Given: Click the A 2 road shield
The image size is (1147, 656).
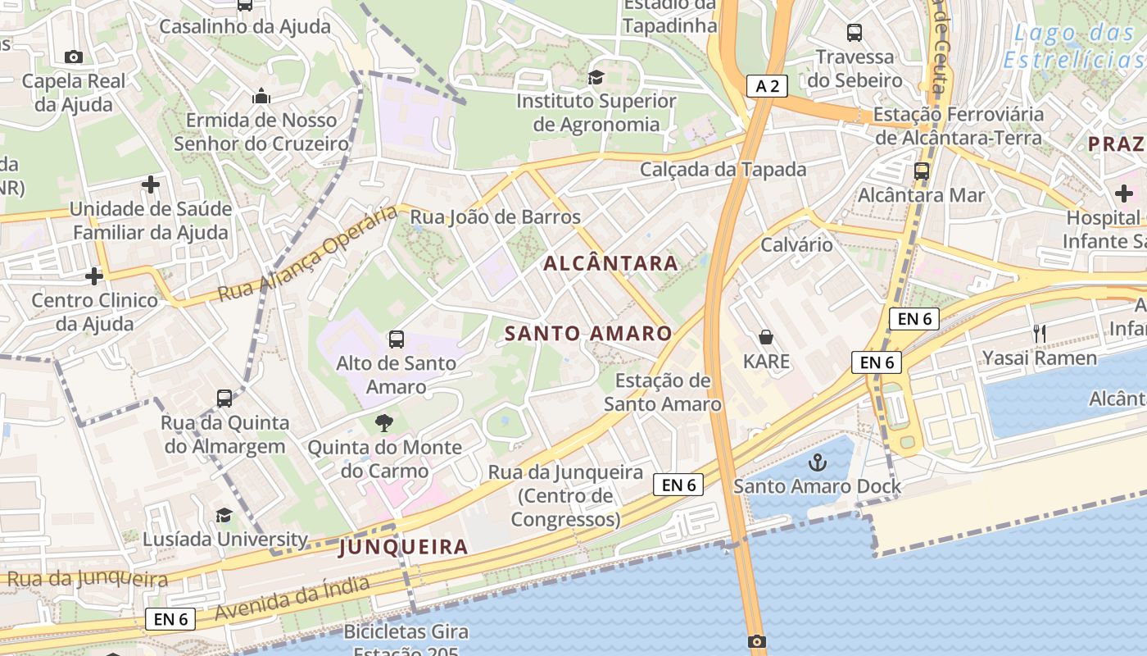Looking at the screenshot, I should (767, 85).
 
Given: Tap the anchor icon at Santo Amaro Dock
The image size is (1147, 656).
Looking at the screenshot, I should (817, 462).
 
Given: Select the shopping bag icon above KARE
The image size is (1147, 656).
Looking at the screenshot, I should (766, 337).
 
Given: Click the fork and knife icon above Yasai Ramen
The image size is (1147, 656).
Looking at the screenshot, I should (1040, 333).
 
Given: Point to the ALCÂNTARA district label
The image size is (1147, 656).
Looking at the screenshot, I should (611, 263).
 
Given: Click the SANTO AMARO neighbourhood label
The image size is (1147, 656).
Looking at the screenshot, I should (588, 334).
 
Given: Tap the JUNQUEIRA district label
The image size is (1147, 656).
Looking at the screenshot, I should (403, 547).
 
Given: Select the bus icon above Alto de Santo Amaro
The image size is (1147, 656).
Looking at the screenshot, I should (397, 339).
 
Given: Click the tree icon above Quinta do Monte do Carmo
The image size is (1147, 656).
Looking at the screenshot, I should (383, 424).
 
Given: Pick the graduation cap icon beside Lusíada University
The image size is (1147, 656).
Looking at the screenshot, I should (224, 515).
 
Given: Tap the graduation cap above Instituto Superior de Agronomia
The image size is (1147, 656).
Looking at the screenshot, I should (596, 77).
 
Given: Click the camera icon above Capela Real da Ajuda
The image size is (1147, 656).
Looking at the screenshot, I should (74, 57).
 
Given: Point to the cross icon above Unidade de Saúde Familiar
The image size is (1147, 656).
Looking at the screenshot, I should (151, 184).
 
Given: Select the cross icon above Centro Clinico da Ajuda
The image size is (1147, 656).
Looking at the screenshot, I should (94, 276).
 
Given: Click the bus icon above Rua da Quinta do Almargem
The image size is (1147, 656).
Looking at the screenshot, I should (224, 399).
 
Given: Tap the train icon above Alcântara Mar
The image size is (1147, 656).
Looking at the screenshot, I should (922, 171).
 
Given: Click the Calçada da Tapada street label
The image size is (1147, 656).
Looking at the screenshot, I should (723, 170).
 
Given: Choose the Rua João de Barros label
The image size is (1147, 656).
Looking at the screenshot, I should (495, 217).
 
